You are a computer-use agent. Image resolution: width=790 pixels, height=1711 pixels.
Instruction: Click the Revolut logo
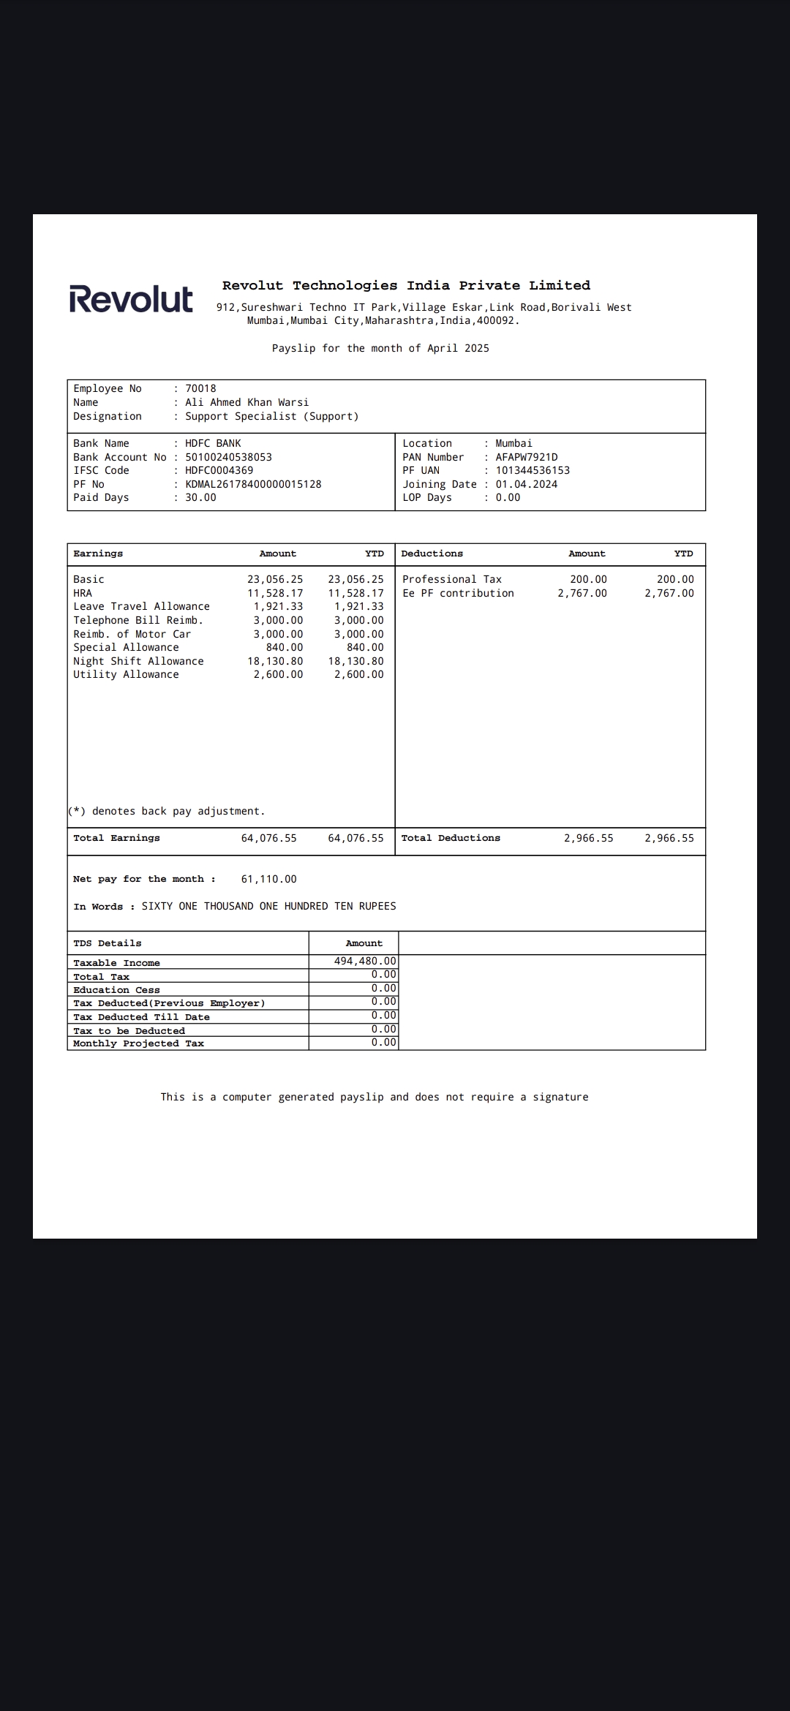click(x=131, y=299)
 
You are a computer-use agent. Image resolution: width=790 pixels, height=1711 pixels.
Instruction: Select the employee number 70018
click(x=200, y=388)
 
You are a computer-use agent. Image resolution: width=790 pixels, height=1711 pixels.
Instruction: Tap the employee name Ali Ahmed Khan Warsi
click(x=247, y=402)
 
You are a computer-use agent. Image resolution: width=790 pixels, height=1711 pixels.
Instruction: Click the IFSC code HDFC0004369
click(x=219, y=470)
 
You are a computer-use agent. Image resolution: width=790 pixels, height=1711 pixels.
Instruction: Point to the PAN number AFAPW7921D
click(x=526, y=457)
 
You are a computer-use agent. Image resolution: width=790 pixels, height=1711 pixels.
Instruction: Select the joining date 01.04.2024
click(x=526, y=484)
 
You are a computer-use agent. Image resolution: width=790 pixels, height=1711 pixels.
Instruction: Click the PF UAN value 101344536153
click(x=532, y=470)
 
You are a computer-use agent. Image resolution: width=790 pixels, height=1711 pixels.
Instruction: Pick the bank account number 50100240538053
click(x=228, y=457)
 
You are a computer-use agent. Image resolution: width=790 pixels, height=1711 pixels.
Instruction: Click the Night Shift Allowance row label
click(x=138, y=661)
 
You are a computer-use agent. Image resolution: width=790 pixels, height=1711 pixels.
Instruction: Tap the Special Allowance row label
click(x=126, y=647)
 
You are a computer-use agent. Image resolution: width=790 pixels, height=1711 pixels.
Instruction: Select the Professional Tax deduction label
click(x=451, y=579)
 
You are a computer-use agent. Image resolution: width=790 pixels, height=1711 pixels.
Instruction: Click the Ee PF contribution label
click(x=458, y=593)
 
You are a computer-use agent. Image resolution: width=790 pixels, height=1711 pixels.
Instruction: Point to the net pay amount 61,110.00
click(x=268, y=879)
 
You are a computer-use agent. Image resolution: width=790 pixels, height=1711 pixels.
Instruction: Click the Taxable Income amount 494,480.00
click(x=364, y=961)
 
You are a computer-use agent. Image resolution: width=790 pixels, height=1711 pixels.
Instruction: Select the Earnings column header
click(x=98, y=554)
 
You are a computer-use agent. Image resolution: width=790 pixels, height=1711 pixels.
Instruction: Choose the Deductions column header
click(x=432, y=554)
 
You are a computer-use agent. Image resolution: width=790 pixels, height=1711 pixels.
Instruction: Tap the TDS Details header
click(x=107, y=943)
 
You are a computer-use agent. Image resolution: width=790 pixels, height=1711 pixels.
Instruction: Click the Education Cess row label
click(x=116, y=990)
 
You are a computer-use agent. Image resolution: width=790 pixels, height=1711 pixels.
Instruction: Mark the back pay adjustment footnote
click(x=167, y=811)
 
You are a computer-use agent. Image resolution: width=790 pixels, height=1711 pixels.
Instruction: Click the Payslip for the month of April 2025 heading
click(x=380, y=348)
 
